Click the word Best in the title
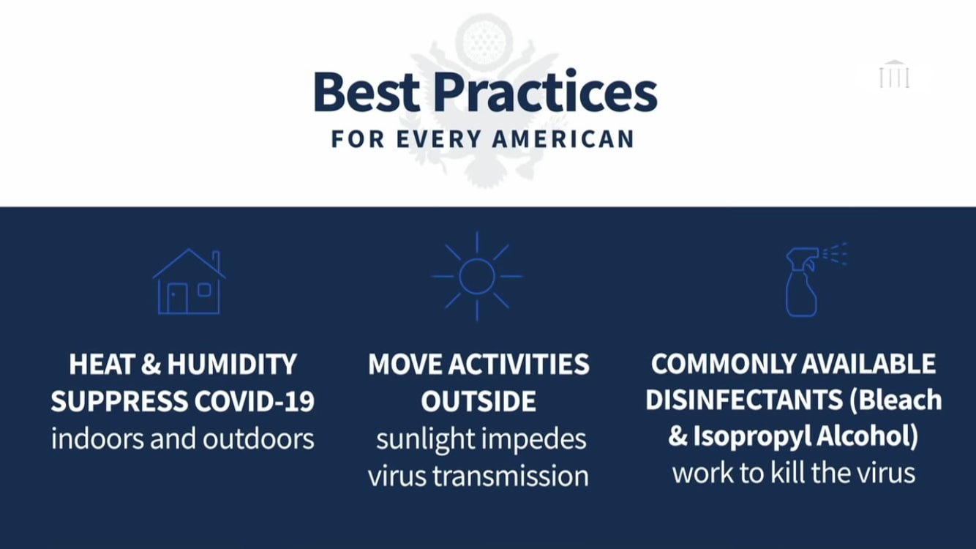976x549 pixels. click(367, 93)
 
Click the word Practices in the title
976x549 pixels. click(545, 92)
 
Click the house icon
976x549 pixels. click(189, 281)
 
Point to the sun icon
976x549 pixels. click(477, 277)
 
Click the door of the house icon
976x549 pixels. click(177, 299)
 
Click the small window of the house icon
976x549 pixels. click(204, 290)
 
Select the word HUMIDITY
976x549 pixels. click(232, 364)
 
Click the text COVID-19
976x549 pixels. click(255, 401)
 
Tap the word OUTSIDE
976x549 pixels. click(478, 401)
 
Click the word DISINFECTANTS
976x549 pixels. click(744, 400)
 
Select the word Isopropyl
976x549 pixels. click(752, 436)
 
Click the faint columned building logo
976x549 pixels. click(894, 74)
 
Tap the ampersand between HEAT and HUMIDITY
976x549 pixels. click(151, 364)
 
